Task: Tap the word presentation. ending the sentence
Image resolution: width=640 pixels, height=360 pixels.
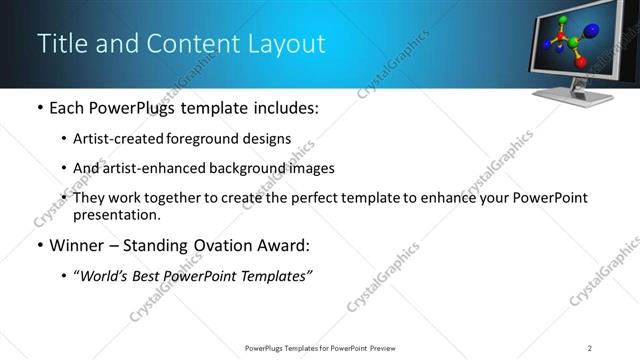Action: point(116,214)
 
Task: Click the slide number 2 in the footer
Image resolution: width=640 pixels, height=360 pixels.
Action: point(590,347)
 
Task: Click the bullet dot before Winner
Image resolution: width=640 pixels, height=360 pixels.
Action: point(38,246)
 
